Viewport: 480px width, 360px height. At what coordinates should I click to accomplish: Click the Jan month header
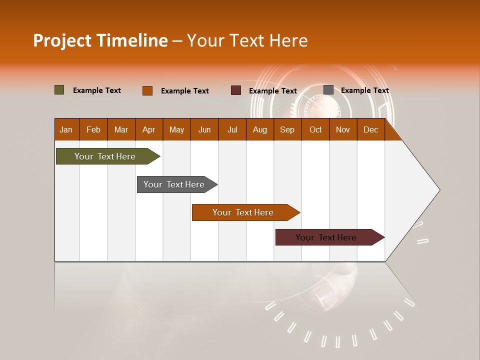(66, 129)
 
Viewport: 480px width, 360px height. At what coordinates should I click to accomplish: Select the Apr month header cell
(149, 129)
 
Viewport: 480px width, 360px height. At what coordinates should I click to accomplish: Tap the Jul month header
(232, 129)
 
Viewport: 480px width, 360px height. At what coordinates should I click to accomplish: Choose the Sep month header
(287, 129)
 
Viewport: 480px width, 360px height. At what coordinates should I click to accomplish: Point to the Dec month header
(370, 129)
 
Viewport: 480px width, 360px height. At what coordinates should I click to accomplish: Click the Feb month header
(93, 129)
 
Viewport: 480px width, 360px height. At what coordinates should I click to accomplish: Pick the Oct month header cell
(315, 129)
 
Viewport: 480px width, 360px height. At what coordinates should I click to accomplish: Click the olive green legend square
(59, 90)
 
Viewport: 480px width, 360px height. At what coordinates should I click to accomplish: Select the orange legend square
(147, 90)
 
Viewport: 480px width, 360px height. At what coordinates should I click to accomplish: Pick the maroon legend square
(236, 90)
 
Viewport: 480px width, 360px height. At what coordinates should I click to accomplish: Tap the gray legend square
(328, 90)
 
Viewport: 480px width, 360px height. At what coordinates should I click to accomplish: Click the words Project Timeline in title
(100, 40)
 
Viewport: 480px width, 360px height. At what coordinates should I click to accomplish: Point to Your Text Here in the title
(247, 40)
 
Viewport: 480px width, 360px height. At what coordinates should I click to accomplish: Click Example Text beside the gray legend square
(364, 90)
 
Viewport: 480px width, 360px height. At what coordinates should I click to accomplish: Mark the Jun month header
(204, 129)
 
